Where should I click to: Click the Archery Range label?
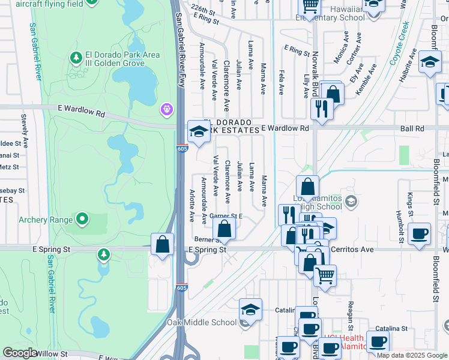click(x=41, y=219)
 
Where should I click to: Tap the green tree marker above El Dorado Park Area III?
click(x=76, y=58)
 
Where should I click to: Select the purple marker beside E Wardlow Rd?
click(x=166, y=110)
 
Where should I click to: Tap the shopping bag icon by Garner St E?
click(x=224, y=228)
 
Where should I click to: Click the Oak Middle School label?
click(x=202, y=323)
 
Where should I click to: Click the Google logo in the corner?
click(x=20, y=353)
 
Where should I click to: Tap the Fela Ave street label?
click(x=281, y=82)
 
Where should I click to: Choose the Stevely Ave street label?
click(x=24, y=130)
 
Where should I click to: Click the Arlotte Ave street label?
click(x=193, y=204)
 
